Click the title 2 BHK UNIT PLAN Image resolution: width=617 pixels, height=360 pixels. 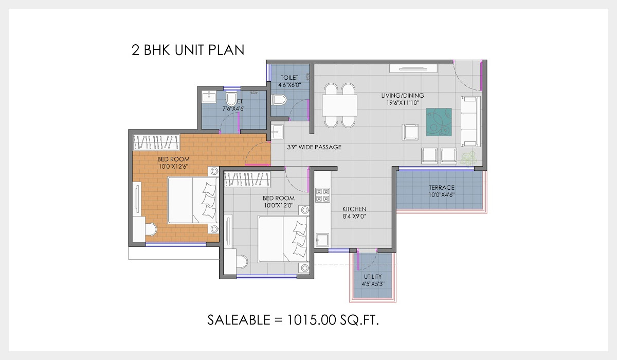pyautogui.click(x=188, y=50)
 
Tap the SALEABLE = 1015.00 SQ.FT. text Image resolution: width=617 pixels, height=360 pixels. pyautogui.click(x=293, y=319)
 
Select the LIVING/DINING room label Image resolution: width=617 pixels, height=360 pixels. pyautogui.click(x=402, y=96)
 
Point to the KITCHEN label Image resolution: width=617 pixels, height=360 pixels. pyautogui.click(x=354, y=209)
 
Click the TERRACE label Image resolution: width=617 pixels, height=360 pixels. pyautogui.click(x=442, y=188)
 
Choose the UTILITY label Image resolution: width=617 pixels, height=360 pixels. pyautogui.click(x=373, y=276)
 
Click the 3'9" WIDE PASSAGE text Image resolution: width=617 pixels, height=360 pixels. pyautogui.click(x=314, y=147)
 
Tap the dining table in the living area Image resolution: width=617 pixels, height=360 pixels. pyautogui.click(x=340, y=105)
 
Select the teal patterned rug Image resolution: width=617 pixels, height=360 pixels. pyautogui.click(x=439, y=122)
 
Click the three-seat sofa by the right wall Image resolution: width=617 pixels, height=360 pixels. pyautogui.click(x=470, y=121)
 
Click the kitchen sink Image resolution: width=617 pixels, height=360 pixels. pyautogui.click(x=322, y=240)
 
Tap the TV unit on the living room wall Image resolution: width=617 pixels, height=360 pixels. pyautogui.click(x=413, y=68)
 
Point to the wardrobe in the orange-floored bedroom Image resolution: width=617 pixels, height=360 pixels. pyautogui.click(x=156, y=141)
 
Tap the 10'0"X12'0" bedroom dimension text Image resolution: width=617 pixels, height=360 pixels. pyautogui.click(x=278, y=205)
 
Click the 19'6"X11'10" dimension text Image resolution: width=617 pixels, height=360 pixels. pyautogui.click(x=402, y=103)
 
